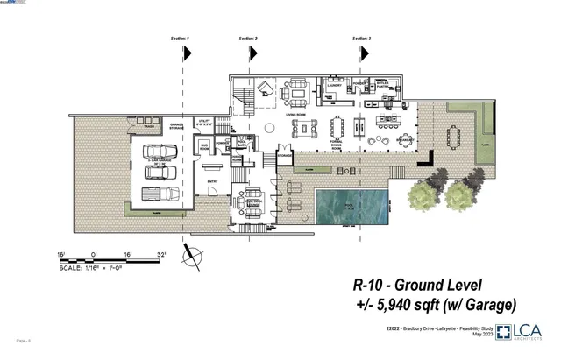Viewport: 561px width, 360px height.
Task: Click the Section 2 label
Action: point(249,39)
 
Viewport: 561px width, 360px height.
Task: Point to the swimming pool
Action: point(350,209)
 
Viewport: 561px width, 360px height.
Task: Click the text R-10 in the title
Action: point(372,284)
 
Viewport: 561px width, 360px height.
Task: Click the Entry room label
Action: point(211,181)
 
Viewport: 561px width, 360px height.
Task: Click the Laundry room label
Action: point(336,86)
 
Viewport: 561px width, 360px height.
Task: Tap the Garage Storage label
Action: point(175,127)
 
